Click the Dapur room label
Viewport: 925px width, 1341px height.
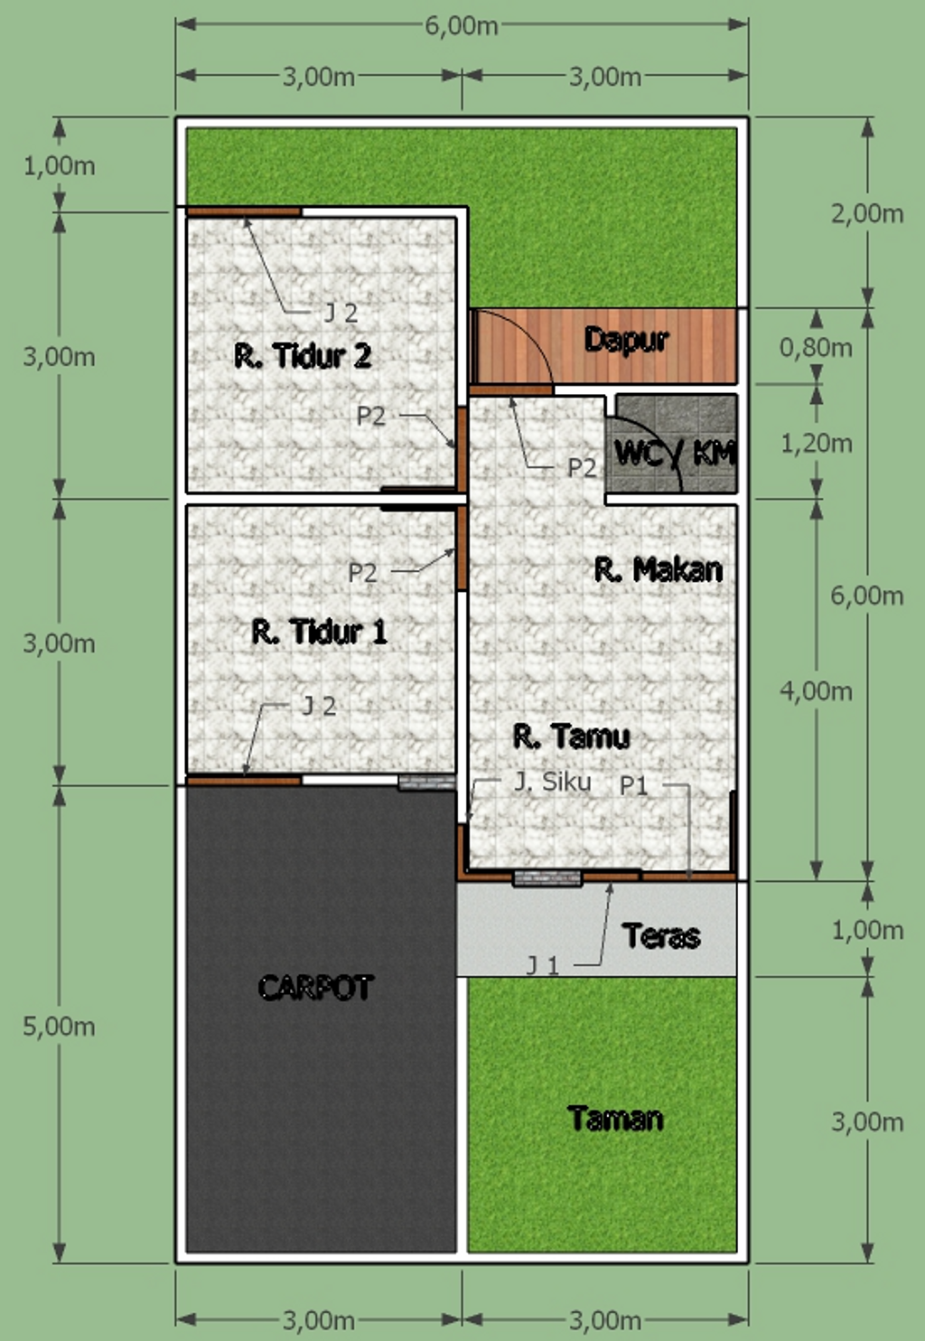click(x=626, y=340)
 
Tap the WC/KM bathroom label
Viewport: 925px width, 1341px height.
click(x=675, y=453)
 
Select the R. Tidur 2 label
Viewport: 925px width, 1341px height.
click(x=303, y=356)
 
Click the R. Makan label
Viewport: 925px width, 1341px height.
click(x=659, y=569)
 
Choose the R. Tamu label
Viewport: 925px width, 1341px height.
click(x=572, y=736)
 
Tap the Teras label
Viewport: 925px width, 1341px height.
click(x=661, y=935)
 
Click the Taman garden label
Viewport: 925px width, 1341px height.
click(x=616, y=1118)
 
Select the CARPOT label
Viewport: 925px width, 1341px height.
click(x=316, y=987)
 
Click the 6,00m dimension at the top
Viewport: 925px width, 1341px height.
click(x=462, y=25)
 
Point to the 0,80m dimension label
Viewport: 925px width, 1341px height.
click(x=816, y=347)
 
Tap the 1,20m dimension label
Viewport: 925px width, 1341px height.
click(x=816, y=443)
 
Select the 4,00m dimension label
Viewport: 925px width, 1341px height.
click(x=816, y=691)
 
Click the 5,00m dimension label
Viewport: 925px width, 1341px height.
click(x=59, y=1027)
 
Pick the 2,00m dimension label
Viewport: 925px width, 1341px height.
click(x=867, y=213)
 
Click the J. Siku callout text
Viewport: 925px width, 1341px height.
click(x=553, y=782)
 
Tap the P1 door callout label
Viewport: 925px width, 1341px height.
click(x=633, y=786)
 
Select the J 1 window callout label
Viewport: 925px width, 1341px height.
click(x=542, y=965)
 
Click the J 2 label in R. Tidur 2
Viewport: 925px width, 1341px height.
click(x=341, y=313)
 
